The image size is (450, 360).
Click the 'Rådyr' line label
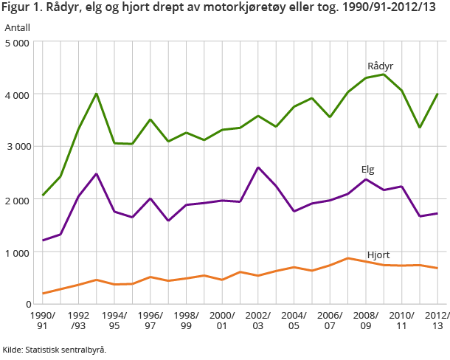[380, 66]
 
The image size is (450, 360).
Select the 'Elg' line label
[367, 170]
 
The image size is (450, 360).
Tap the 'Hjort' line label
[378, 255]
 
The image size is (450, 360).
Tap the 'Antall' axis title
[18, 27]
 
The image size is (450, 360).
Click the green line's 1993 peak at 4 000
[97, 94]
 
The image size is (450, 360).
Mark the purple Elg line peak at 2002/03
[258, 167]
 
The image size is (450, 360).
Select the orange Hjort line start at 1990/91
[44, 294]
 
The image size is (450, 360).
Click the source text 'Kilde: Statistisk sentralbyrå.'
[55, 350]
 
